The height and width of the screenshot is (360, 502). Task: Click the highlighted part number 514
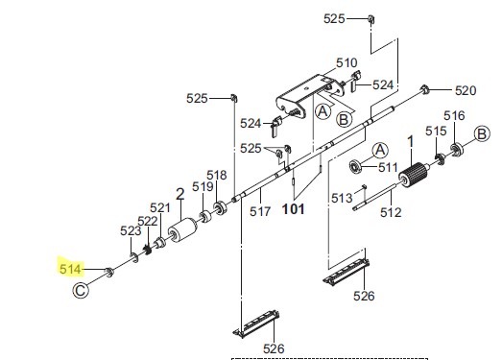pos(70,269)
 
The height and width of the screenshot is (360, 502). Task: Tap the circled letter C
pos(81,291)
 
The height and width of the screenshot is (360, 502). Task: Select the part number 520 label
pos(466,90)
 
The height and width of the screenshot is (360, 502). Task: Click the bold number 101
pos(294,209)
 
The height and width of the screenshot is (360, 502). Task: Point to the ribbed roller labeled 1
pos(414,175)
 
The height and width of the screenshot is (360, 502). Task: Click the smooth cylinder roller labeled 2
pos(182,230)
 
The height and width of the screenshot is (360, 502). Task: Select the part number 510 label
pos(347,62)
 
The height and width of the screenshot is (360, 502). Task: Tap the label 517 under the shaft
pos(260,211)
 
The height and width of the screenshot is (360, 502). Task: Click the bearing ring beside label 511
pos(355,166)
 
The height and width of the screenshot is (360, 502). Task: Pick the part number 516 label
pos(454,115)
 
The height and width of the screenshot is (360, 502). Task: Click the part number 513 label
pos(342,198)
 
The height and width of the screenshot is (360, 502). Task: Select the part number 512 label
pos(391,212)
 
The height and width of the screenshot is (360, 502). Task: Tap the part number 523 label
pos(131,230)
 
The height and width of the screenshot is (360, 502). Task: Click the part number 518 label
pos(217,175)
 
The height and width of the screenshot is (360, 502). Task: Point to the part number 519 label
pos(203,186)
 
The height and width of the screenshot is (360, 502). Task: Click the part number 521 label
pos(160,208)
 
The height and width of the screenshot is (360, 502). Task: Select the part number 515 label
pos(436,131)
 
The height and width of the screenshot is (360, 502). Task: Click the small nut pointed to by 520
pos(424,89)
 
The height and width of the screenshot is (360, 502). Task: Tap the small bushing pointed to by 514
pos(109,273)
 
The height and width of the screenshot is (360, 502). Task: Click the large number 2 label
pos(180,194)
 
